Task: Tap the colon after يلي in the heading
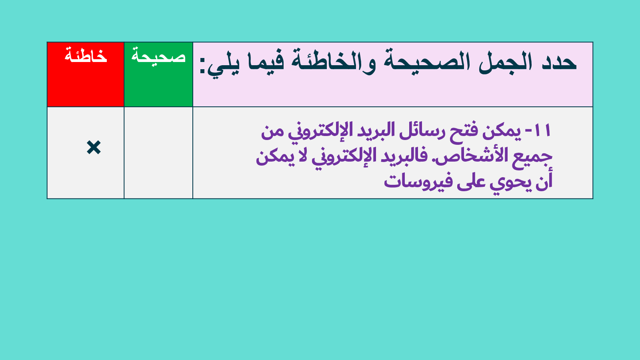click(x=202, y=65)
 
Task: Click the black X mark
click(x=94, y=148)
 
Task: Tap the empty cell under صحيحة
click(x=158, y=152)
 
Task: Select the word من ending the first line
click(x=272, y=132)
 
